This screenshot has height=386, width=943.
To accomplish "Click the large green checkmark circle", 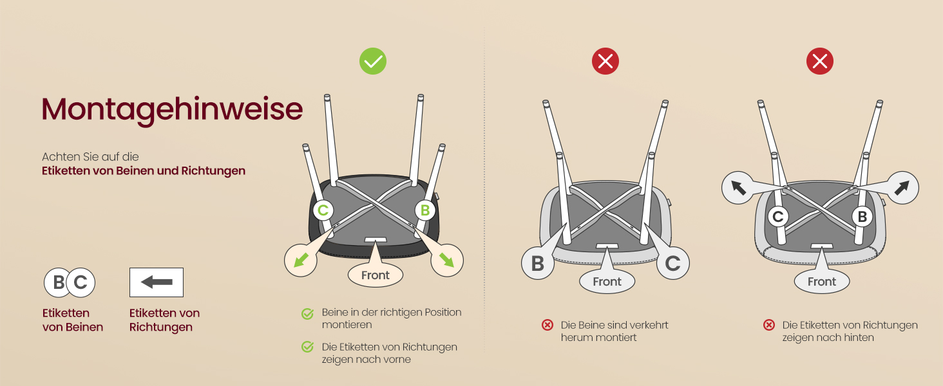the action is tap(372, 61).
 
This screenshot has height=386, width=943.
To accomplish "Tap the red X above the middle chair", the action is tap(605, 61).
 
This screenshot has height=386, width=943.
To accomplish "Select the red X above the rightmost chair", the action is tap(820, 61).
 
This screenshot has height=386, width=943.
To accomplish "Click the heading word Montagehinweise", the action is tap(172, 110).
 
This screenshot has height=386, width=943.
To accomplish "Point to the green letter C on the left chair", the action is tap(323, 210).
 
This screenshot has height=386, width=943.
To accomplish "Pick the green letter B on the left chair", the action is tap(424, 210).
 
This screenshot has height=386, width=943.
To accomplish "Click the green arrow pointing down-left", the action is tap(301, 261).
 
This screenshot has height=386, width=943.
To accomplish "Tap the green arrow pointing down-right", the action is tap(446, 261).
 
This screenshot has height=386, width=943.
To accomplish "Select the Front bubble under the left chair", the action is tap(375, 275).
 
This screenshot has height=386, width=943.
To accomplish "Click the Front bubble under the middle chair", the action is tap(607, 281).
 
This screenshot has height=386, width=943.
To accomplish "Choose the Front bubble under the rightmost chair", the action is tap(822, 281).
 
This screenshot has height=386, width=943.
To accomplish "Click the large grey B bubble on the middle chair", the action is tap(538, 263).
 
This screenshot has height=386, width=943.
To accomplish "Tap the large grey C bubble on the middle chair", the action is tap(672, 263).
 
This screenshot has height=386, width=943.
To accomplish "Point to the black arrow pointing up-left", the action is tap(738, 188).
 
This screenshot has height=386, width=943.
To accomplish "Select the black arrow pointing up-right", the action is tap(902, 188).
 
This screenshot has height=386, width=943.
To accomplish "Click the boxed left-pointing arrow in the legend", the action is tap(157, 282).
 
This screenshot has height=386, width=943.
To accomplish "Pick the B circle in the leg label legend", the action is tap(58, 282).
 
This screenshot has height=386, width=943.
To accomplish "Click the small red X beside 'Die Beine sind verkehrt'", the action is tap(548, 325).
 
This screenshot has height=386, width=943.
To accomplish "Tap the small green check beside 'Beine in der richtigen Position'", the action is tap(307, 314).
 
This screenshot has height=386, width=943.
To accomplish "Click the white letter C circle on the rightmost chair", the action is tap(778, 217).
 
